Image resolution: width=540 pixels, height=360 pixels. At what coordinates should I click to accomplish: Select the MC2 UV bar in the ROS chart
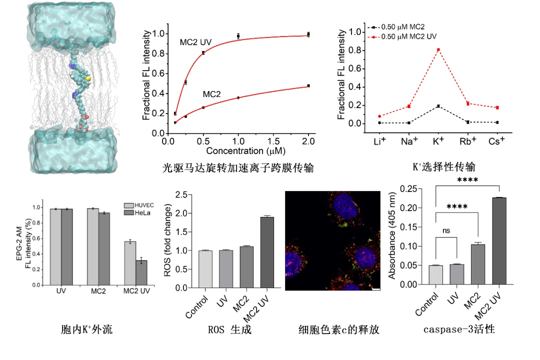pos(266,252)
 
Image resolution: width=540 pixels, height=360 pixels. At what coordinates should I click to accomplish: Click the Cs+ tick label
pos(496,141)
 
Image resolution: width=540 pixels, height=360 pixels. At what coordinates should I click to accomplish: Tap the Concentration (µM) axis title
pos(238,150)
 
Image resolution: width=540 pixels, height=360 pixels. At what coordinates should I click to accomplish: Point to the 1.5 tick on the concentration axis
pos(273,141)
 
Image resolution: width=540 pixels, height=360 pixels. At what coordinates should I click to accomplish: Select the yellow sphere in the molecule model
pos(87,78)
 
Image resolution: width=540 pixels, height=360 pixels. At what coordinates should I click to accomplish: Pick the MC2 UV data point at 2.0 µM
pos(308,34)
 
